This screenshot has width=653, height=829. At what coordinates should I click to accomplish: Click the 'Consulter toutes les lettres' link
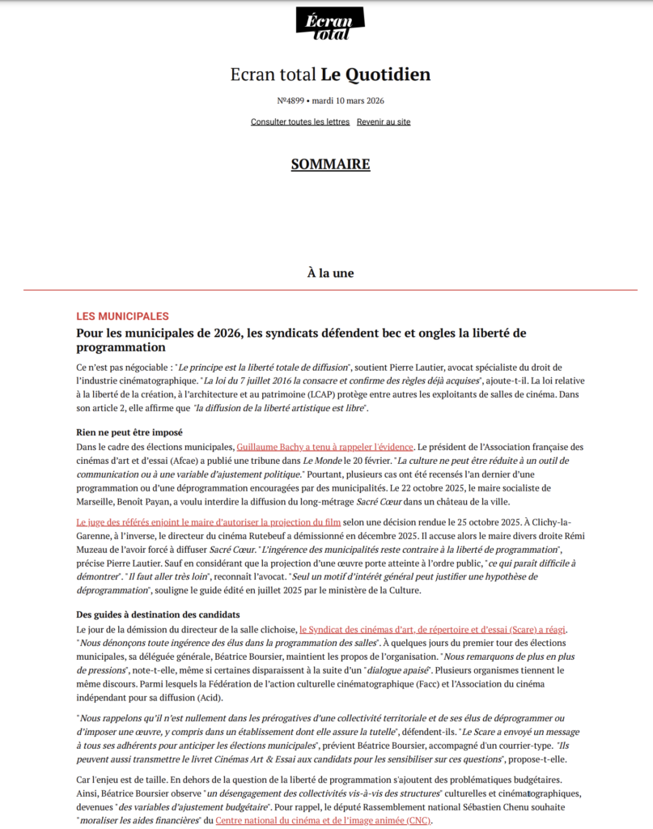[x=300, y=122]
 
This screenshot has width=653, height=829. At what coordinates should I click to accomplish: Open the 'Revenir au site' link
[x=384, y=122]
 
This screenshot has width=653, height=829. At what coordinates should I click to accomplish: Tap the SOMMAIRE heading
[x=330, y=164]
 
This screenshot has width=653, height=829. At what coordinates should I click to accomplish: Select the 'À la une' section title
[x=330, y=273]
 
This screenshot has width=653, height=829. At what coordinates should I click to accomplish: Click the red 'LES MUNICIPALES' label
[x=122, y=316]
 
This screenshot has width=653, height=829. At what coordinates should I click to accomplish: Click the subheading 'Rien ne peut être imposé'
[x=129, y=432]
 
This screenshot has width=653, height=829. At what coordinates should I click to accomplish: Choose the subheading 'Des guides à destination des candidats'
[x=158, y=614]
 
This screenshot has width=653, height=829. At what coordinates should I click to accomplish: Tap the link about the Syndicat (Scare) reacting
[x=434, y=629]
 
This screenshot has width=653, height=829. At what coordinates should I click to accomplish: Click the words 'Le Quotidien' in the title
[x=375, y=75]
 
